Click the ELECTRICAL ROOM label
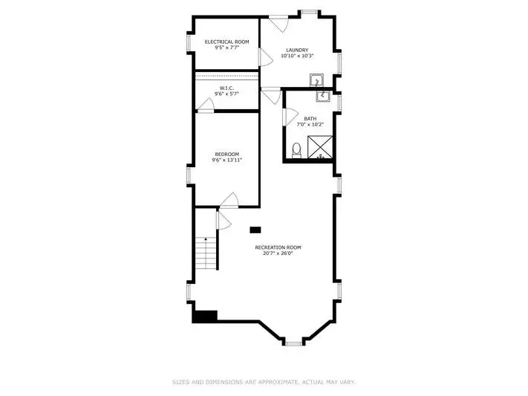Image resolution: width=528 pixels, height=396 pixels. [227, 42]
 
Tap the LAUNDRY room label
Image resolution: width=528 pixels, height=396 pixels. [297, 50]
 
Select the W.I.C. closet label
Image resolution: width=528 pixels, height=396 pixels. [227, 88]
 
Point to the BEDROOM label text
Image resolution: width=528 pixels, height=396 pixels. [227, 154]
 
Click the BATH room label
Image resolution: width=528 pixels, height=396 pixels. [310, 119]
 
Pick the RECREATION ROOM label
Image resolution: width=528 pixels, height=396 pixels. [278, 247]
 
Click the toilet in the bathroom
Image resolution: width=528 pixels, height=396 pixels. [296, 150]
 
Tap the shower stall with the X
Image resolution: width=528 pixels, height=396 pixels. [320, 146]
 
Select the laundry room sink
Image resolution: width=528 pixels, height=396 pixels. [316, 80]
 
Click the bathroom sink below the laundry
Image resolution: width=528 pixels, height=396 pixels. [322, 95]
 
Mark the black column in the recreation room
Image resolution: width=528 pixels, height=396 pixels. [255, 230]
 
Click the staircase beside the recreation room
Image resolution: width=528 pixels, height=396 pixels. [206, 253]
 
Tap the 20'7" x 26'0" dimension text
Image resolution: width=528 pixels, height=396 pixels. [278, 253]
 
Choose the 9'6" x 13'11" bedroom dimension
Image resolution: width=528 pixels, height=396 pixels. [227, 160]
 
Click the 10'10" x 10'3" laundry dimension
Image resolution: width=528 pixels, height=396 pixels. [297, 56]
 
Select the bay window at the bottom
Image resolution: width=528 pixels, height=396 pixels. [293, 344]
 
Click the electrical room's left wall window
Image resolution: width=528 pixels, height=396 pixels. [189, 43]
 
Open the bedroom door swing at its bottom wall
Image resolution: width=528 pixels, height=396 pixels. [229, 200]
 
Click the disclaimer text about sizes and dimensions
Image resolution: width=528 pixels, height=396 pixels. [264, 382]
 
